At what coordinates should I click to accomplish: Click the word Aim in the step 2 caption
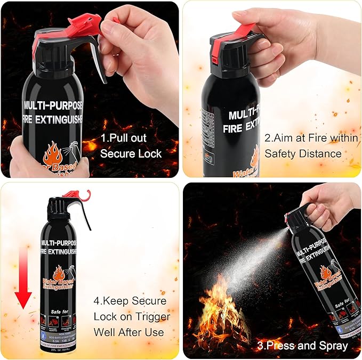coord(283,138)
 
